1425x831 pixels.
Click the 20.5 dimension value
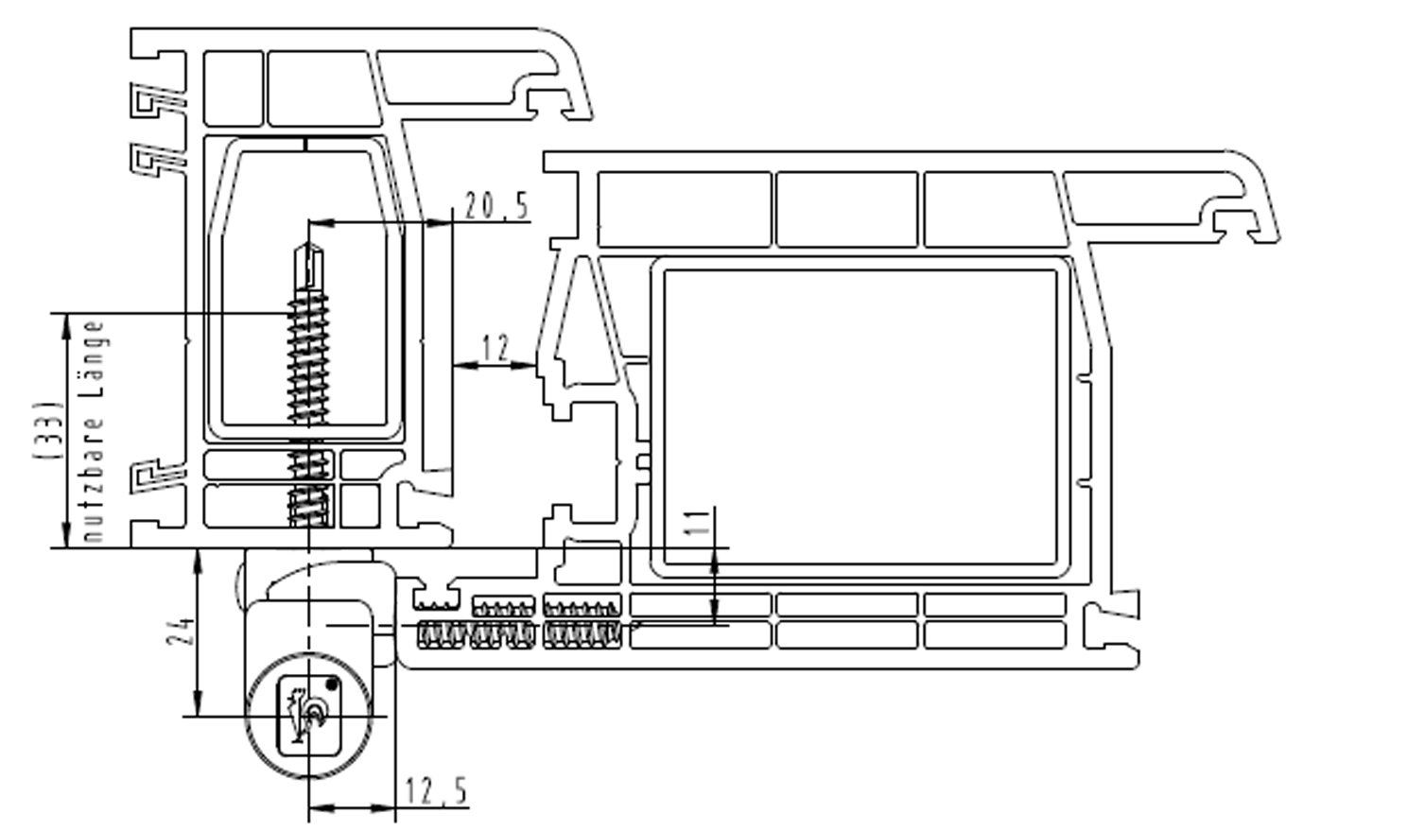(496, 205)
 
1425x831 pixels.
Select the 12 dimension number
(495, 348)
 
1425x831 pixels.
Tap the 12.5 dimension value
(437, 791)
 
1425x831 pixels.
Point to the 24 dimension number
(182, 631)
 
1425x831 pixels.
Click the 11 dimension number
(699, 522)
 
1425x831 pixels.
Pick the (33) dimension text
(49, 430)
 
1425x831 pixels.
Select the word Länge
(94, 360)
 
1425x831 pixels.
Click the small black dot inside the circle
(331, 684)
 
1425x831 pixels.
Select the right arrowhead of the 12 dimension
(524, 365)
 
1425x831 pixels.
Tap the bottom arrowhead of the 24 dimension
(198, 703)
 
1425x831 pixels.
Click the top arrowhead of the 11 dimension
(715, 562)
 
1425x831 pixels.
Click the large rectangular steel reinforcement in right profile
(860, 418)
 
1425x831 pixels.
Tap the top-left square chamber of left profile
(234, 88)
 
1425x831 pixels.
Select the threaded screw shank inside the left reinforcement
(308, 356)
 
